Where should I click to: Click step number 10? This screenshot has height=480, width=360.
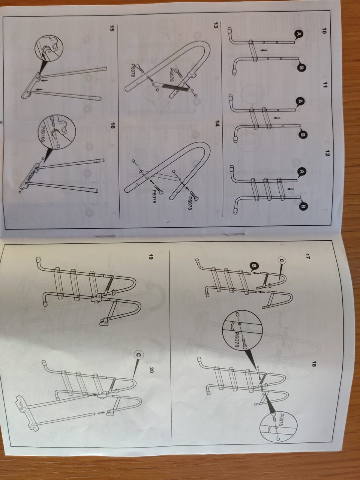click(x=324, y=31)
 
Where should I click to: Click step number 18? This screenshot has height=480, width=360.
click(x=314, y=364)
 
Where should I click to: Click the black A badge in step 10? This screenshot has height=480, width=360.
click(x=299, y=34)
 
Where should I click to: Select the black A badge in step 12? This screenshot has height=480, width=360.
click(x=302, y=172)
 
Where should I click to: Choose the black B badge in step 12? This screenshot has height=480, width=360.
click(x=304, y=206)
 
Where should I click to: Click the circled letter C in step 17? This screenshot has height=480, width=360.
click(x=282, y=261)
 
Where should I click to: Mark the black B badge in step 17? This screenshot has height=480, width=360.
click(x=255, y=266)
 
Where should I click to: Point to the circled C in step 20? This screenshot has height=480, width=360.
click(x=138, y=355)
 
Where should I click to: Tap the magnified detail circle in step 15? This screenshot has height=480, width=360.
click(x=49, y=49)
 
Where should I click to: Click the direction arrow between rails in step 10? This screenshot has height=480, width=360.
click(x=264, y=50)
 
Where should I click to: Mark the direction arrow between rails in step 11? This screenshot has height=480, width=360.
click(x=277, y=118)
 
